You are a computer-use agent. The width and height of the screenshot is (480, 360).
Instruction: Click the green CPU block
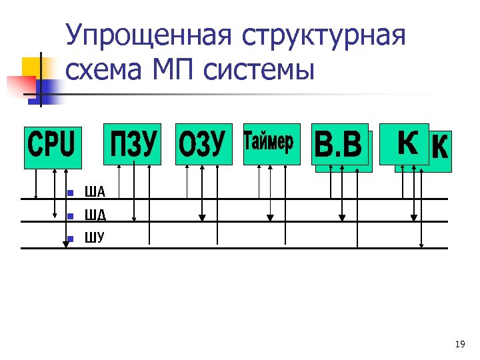[x=53, y=147]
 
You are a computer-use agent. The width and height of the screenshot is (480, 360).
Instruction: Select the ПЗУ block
[x=132, y=144]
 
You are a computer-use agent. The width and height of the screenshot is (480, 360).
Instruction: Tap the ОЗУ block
[x=204, y=144]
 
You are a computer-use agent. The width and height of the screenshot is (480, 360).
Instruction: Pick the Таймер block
[x=272, y=144]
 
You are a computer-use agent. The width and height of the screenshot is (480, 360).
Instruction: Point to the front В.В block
[x=339, y=144]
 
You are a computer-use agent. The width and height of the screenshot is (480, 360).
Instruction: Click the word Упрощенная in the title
[x=150, y=37]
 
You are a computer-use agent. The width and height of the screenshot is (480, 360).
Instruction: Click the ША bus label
[x=95, y=193]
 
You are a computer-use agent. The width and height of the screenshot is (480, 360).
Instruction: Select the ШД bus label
[x=95, y=215]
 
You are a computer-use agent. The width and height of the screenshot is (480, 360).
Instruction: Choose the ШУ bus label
[x=95, y=237]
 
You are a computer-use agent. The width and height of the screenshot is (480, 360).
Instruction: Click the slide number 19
[x=459, y=344]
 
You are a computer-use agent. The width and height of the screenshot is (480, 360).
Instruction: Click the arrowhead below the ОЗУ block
[x=202, y=217]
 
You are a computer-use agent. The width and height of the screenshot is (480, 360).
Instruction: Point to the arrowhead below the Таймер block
[x=269, y=217]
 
